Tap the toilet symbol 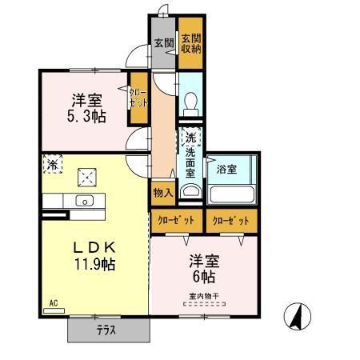pyautogui.click(x=190, y=102)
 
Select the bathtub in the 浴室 pyautogui.click(x=231, y=195)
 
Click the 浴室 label pyautogui.click(x=226, y=170)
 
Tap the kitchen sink pyautogui.click(x=84, y=200)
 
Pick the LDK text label pyautogui.click(x=93, y=246)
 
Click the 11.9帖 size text pyautogui.click(x=93, y=263)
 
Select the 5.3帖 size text pyautogui.click(x=85, y=118)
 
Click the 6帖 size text pyautogui.click(x=203, y=277)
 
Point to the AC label pyautogui.click(x=54, y=303)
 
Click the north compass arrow pyautogui.click(x=296, y=318)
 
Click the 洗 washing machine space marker pyautogui.click(x=190, y=135)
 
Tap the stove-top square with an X pyautogui.click(x=86, y=177)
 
